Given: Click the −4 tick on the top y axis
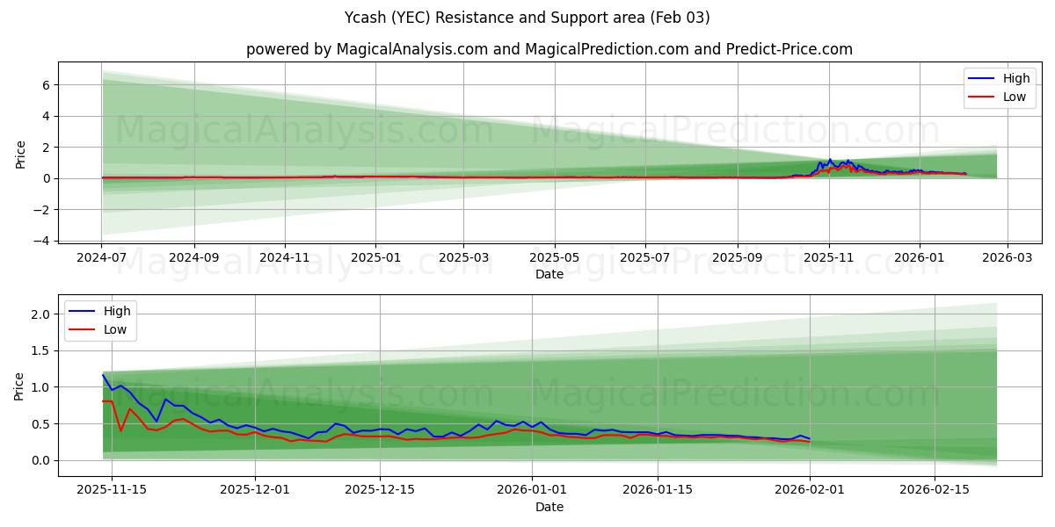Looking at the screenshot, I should (44, 241).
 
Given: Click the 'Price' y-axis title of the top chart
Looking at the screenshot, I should (21, 155).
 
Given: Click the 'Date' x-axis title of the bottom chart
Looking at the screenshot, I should (549, 507).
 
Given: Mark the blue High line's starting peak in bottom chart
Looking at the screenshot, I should (103, 375).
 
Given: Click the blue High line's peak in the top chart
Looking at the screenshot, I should (829, 160).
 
